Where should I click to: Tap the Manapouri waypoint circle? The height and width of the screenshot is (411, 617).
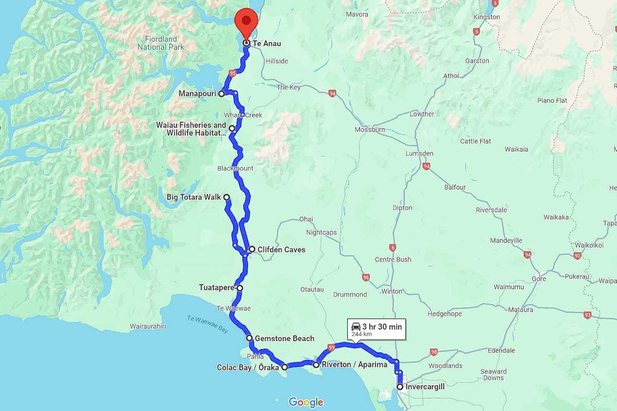[221, 94]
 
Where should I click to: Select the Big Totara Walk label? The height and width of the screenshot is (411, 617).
[194, 197]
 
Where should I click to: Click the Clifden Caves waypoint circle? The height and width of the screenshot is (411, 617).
[252, 249]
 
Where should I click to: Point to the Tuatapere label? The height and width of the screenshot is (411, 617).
[217, 288]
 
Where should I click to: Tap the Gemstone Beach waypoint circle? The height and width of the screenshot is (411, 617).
[249, 338]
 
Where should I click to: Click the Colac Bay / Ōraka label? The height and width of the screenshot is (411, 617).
[248, 367]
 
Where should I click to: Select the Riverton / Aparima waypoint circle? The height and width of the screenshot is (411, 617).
[316, 365]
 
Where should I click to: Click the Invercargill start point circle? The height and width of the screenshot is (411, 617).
[400, 387]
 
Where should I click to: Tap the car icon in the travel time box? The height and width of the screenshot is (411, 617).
[355, 326]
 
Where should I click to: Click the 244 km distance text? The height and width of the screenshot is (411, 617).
[361, 334]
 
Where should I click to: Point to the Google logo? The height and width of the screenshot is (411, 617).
[306, 402]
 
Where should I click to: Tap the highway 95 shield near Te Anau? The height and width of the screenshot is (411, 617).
[233, 73]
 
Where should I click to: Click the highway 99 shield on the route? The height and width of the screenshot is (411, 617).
[332, 348]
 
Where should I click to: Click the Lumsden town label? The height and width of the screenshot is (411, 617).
[419, 154]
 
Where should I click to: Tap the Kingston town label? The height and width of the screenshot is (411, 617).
[486, 17]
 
